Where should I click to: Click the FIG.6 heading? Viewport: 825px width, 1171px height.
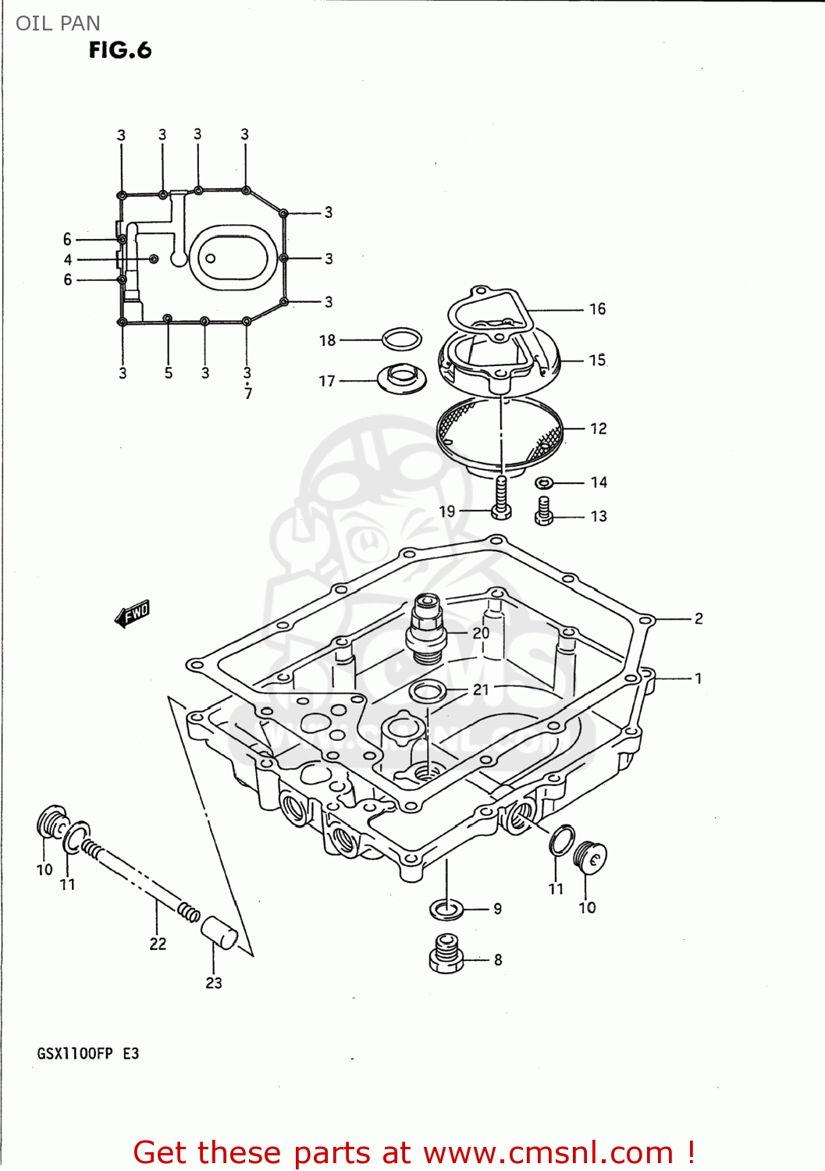pyautogui.click(x=119, y=51)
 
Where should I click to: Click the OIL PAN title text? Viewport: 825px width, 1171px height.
pyautogui.click(x=58, y=23)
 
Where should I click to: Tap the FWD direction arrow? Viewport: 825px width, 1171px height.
pyautogui.click(x=132, y=614)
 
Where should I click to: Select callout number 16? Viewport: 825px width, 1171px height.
pyautogui.click(x=597, y=309)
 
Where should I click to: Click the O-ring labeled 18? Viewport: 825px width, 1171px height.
pyautogui.click(x=402, y=340)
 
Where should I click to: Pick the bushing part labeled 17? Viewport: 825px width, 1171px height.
pyautogui.click(x=402, y=378)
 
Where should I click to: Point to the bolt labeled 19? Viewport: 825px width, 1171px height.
pyautogui.click(x=501, y=497)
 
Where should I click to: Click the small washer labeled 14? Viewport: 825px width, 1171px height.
pyautogui.click(x=545, y=482)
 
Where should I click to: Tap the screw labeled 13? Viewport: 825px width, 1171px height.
pyautogui.click(x=544, y=511)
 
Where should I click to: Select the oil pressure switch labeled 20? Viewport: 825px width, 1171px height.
pyautogui.click(x=425, y=628)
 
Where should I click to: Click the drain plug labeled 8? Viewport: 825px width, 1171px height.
pyautogui.click(x=446, y=953)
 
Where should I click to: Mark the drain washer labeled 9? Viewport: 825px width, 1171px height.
pyautogui.click(x=446, y=909)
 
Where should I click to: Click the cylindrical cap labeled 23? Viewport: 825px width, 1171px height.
pyautogui.click(x=219, y=933)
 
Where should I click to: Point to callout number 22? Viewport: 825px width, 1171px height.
pyautogui.click(x=158, y=944)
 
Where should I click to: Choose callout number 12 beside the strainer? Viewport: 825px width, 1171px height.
pyautogui.click(x=598, y=429)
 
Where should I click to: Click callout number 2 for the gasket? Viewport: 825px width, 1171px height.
pyautogui.click(x=699, y=618)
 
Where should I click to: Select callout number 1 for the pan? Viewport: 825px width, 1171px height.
pyautogui.click(x=698, y=678)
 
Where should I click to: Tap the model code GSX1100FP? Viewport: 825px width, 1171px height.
pyautogui.click(x=75, y=1053)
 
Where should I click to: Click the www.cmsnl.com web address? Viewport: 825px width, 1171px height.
pyautogui.click(x=549, y=1152)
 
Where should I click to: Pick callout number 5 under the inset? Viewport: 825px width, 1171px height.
pyautogui.click(x=169, y=373)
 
